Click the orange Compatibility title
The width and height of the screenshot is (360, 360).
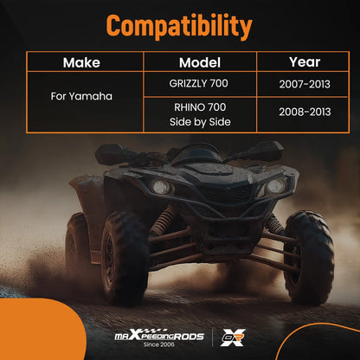(179, 27)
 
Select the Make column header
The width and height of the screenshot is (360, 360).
(81, 62)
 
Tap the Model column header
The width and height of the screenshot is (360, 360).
(200, 62)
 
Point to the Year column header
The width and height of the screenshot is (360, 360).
(305, 62)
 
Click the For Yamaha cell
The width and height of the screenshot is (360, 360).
(81, 96)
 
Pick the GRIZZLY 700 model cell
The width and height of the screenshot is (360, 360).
(198, 83)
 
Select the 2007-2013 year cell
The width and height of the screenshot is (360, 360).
(305, 84)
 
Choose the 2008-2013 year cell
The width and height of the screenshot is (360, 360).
(305, 112)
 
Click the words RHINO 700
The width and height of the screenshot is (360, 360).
(200, 107)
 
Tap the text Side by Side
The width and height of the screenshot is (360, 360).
(200, 122)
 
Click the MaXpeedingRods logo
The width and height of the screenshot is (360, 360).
(159, 336)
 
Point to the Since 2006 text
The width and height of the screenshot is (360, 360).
(159, 344)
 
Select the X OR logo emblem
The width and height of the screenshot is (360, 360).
(233, 337)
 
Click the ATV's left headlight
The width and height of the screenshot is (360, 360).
(162, 187)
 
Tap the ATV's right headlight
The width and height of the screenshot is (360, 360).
(275, 185)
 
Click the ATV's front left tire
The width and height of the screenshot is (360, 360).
(125, 258)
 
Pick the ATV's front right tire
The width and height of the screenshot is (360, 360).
(309, 258)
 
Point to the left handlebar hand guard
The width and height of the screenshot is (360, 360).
(114, 153)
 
